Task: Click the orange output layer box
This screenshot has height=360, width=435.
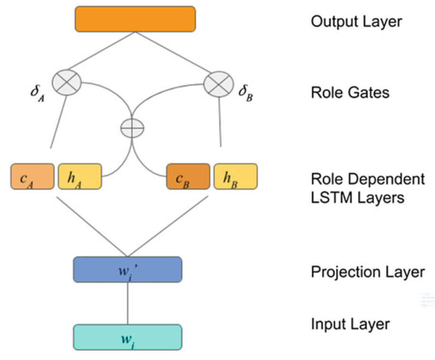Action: [135, 19]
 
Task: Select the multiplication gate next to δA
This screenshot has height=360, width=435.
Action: [67, 82]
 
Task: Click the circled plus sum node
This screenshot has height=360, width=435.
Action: [132, 128]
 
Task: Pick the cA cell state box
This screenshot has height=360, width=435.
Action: [32, 176]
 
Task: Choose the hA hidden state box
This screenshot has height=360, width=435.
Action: [79, 176]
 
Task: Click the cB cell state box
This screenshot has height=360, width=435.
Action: [188, 176]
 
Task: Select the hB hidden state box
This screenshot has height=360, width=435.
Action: [236, 176]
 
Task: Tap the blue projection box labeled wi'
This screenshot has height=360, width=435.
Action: [128, 270]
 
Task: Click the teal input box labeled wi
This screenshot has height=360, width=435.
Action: [128, 337]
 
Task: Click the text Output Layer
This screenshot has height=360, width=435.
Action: [356, 21]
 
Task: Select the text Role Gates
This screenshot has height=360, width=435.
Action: [350, 92]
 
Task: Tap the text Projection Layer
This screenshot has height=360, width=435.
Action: [367, 272]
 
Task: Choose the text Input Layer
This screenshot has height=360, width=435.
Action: [350, 324]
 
